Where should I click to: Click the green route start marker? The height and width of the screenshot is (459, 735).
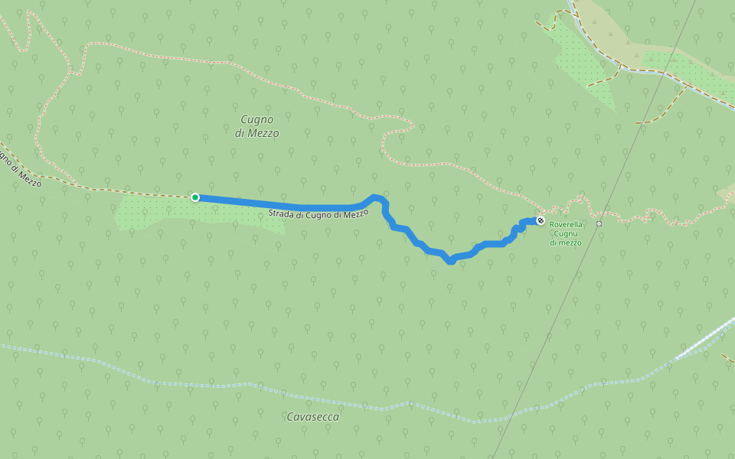[195, 197]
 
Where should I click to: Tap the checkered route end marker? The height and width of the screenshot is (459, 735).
[541, 220]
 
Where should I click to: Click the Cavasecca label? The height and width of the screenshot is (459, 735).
[312, 417]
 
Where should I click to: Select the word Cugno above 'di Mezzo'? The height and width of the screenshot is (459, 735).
[257, 119]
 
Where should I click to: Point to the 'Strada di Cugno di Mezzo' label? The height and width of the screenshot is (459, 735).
[318, 215]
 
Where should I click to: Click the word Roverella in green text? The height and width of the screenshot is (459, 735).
[566, 225]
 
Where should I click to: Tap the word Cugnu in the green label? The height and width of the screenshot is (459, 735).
[566, 233]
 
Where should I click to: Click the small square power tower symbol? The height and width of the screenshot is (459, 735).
[599, 223]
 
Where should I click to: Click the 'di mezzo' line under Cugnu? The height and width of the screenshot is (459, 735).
[566, 243]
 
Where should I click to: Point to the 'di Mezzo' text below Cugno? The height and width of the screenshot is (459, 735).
[257, 133]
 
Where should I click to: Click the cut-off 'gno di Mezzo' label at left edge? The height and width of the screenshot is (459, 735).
[18, 169]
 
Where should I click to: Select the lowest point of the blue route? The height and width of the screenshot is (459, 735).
[451, 262]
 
